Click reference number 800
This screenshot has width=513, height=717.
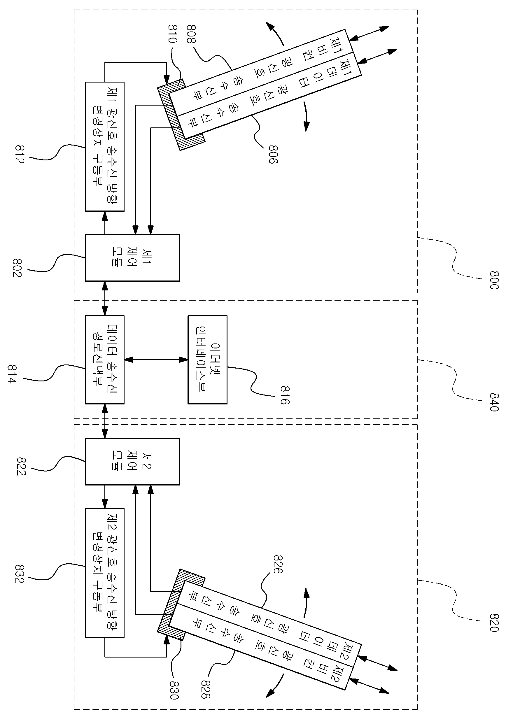(494, 280)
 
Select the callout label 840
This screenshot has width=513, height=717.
(494, 402)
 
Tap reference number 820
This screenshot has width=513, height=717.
(494, 623)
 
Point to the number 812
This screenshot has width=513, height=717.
(19, 154)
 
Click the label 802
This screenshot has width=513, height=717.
(17, 268)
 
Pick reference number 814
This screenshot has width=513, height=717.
(12, 374)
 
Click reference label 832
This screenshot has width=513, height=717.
(19, 574)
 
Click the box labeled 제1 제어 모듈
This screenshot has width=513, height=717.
(132, 258)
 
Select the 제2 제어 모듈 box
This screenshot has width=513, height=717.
(132, 462)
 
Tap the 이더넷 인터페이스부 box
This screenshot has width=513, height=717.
(208, 360)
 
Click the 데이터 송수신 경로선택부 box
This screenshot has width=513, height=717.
(105, 360)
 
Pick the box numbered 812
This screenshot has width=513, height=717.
(105, 147)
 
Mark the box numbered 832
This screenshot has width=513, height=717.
(105, 573)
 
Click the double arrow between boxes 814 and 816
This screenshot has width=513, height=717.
(156, 360)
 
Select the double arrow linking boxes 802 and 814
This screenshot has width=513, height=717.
(105, 298)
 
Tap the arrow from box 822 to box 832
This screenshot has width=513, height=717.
(105, 497)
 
